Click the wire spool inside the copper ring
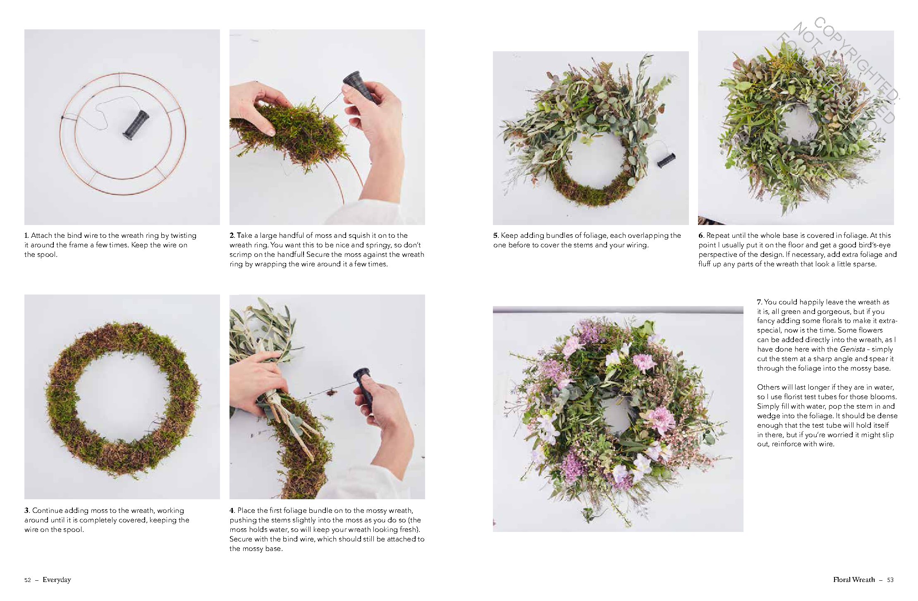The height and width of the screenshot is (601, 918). click(136, 125)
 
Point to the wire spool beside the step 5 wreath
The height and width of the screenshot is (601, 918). click(666, 160)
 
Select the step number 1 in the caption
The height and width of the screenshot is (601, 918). click(26, 235)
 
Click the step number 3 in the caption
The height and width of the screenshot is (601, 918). click(27, 510)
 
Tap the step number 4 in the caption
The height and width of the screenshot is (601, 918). click(232, 510)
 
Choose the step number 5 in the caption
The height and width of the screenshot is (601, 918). click(496, 235)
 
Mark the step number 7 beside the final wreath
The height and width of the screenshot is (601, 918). click(760, 302)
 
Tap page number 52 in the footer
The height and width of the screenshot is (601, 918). click(28, 580)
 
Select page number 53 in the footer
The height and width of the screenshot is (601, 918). click(890, 580)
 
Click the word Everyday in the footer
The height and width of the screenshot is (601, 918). click(57, 580)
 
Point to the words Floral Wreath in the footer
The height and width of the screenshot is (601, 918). click(854, 580)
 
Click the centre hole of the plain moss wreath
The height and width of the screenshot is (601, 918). click(122, 397)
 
